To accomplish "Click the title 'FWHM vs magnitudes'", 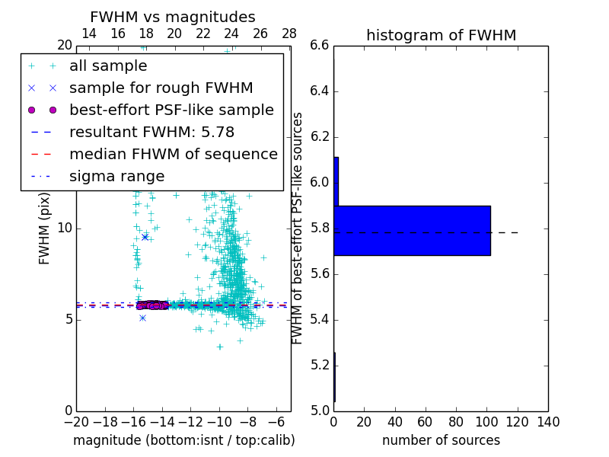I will point(173,17).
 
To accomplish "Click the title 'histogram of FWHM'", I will point(441,35).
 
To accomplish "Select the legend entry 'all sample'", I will point(108,66).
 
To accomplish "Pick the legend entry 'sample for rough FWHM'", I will point(161,88).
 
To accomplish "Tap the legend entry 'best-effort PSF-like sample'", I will point(171,110).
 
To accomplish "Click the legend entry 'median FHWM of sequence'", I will point(173,154).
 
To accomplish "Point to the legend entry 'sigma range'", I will point(116,176).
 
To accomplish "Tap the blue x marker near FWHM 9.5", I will point(145,237).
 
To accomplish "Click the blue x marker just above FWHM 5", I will point(142,318).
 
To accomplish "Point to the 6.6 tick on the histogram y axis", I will point(320,46).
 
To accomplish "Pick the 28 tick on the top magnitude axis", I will point(289,34).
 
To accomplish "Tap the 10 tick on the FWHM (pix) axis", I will point(65,228).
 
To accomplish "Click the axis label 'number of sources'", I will point(441,440).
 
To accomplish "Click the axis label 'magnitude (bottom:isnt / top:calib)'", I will point(183,440).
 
